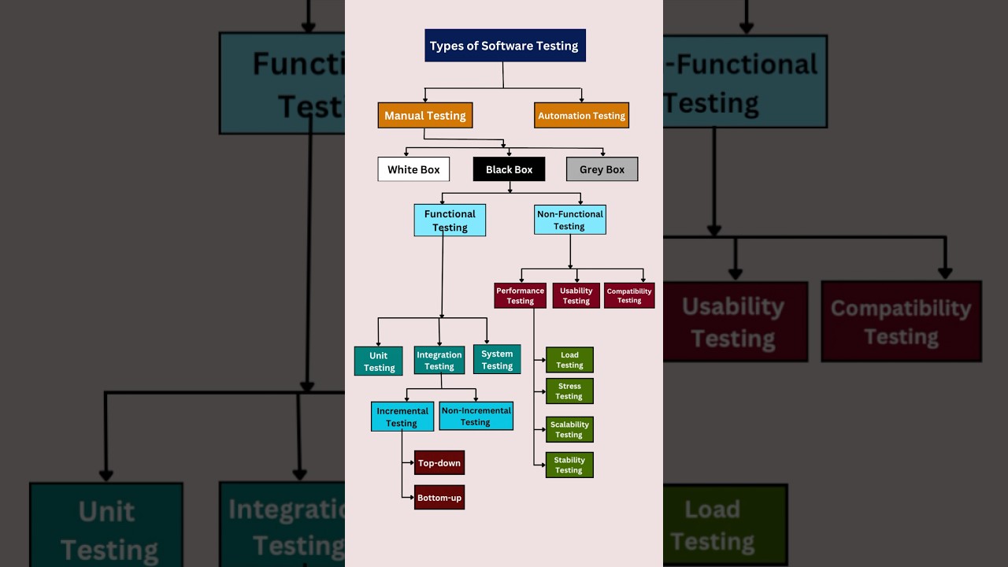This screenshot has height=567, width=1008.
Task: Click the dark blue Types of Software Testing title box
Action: pyautogui.click(x=505, y=46)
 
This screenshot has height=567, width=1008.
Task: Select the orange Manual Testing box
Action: pyautogui.click(x=424, y=115)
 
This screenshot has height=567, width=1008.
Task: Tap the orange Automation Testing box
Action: pyautogui.click(x=581, y=115)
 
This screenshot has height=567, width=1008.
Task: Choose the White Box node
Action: pyautogui.click(x=413, y=169)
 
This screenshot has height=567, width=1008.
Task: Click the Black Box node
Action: pyautogui.click(x=509, y=169)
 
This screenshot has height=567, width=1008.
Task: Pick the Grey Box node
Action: pyautogui.click(x=602, y=169)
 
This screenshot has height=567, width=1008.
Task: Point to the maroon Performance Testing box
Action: pyautogui.click(x=520, y=295)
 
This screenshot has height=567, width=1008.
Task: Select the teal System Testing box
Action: pyautogui.click(x=497, y=360)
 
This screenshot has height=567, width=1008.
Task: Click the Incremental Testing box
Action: pyautogui.click(x=402, y=417)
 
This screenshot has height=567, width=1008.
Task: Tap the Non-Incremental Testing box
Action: pyautogui.click(x=476, y=416)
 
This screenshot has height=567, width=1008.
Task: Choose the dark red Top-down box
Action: pyautogui.click(x=439, y=463)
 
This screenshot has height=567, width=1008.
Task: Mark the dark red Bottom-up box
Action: pyautogui.click(x=439, y=498)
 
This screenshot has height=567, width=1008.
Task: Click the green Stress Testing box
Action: pyautogui.click(x=569, y=391)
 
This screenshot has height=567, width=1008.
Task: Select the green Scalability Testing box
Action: pyautogui.click(x=569, y=429)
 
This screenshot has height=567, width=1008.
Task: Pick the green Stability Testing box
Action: pyautogui.click(x=569, y=465)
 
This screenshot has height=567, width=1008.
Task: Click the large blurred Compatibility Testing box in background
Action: pyautogui.click(x=901, y=321)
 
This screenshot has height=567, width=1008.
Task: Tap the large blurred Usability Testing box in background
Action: pyautogui.click(x=734, y=321)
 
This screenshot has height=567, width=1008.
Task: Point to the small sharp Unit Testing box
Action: pyautogui.click(x=379, y=361)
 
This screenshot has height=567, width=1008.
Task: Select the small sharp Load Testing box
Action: pyautogui.click(x=569, y=360)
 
